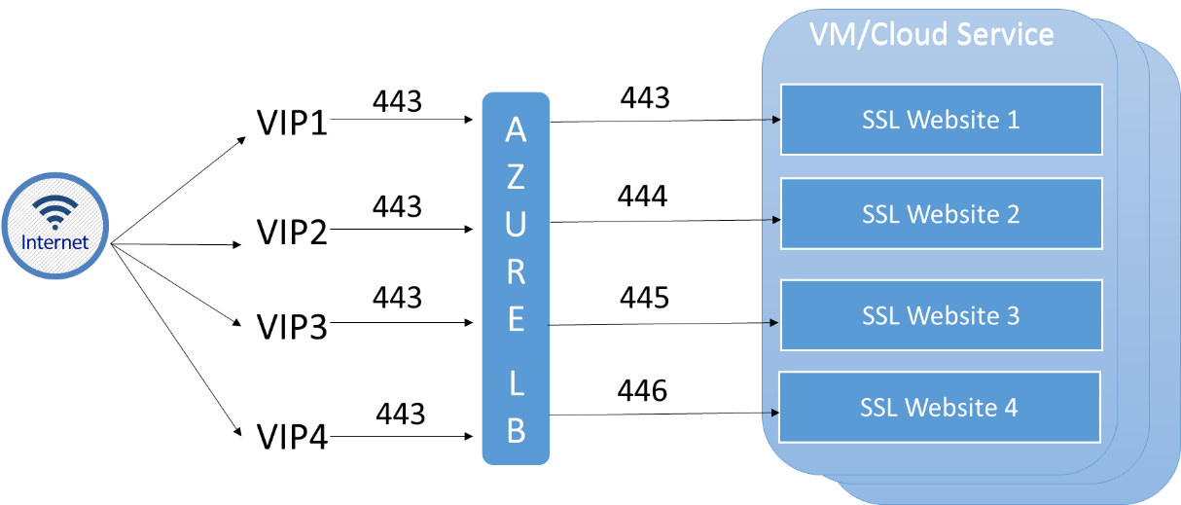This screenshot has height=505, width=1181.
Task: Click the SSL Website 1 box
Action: pos(941,120)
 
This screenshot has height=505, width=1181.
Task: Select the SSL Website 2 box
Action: pos(941,214)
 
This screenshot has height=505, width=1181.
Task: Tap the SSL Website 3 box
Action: pos(941,316)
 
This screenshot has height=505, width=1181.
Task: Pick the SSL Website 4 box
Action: pos(939,407)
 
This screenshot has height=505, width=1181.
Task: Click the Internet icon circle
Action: pos(55,226)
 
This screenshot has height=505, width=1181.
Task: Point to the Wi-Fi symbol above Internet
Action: pos(55,209)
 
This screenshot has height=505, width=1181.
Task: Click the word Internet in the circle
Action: pos(55,242)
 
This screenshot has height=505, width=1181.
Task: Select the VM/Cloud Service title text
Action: pos(931,35)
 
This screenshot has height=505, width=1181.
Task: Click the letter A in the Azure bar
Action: pos(516,131)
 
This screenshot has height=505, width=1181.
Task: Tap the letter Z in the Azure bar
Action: pos(516,177)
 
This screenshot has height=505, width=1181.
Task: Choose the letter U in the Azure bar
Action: pos(516,225)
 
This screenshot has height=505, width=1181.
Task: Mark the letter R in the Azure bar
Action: pos(516,272)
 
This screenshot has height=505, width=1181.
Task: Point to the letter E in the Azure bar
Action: pos(516,319)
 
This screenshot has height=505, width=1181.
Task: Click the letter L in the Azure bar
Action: pos(516,384)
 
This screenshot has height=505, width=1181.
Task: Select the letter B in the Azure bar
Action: pos(516,431)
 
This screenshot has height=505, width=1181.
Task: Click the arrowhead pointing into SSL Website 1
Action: pos(775,120)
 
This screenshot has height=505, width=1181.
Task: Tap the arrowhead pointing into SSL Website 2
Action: pos(775,220)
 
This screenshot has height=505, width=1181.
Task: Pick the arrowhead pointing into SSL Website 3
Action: pos(775,322)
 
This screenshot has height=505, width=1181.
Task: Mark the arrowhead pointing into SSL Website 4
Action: pos(774,413)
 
